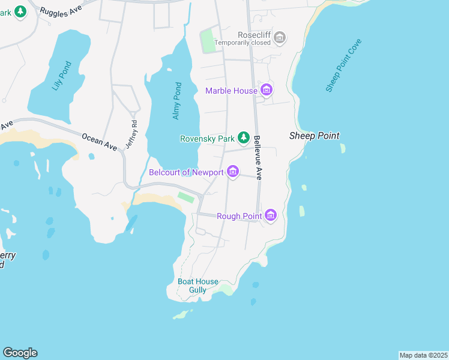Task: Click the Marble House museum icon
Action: (267, 91)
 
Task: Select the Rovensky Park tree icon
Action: (243, 139)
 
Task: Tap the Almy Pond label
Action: (176, 100)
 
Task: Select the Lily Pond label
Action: (61, 76)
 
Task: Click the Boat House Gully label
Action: (198, 286)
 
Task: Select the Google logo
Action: (20, 353)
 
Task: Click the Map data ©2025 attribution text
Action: (423, 355)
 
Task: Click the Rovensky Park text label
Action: (207, 139)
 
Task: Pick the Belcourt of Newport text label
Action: (186, 173)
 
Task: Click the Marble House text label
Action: (231, 91)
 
